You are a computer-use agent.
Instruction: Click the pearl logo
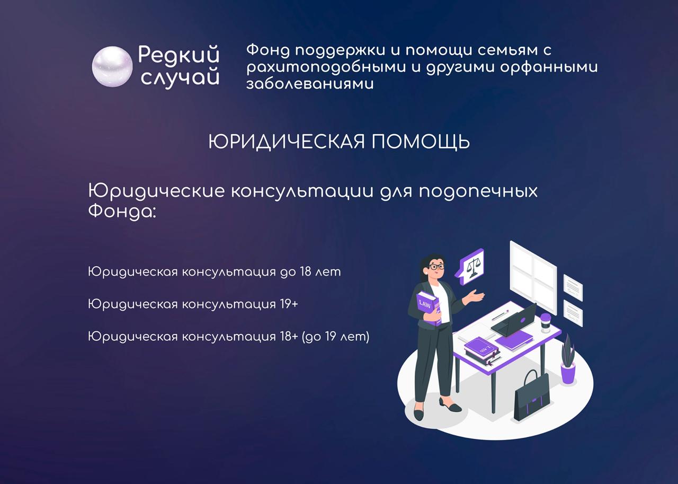click(x=112, y=66)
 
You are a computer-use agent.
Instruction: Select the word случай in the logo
click(x=180, y=78)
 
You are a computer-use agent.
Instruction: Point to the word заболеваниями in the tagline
click(x=310, y=84)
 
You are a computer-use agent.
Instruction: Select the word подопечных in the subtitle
click(x=478, y=192)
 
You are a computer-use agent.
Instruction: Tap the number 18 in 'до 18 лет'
click(x=306, y=271)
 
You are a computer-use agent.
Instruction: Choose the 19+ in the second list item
click(x=287, y=304)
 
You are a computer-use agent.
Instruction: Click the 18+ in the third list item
click(x=287, y=337)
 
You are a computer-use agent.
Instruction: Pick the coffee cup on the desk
click(x=546, y=323)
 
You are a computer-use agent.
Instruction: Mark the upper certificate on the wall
click(x=573, y=287)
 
